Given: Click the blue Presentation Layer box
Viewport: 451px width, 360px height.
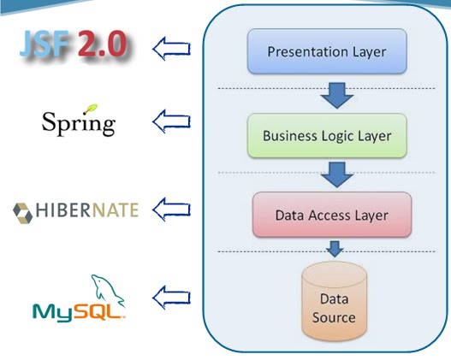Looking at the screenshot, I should tap(326, 50).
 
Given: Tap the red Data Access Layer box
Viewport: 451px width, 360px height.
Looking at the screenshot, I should tap(331, 214).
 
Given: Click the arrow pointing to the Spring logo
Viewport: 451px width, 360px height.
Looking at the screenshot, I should tap(171, 123).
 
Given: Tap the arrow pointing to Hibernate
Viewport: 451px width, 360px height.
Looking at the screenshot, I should tap(171, 208).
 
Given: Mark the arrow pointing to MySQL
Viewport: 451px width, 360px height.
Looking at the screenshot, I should tap(171, 298).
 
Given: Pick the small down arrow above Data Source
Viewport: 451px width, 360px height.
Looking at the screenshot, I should tap(335, 249).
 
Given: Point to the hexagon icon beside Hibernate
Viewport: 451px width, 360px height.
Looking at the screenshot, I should tap(24, 210).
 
